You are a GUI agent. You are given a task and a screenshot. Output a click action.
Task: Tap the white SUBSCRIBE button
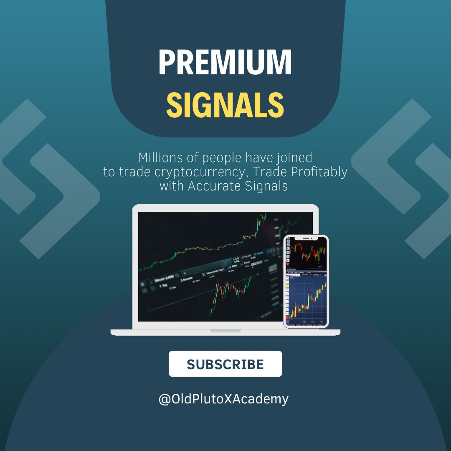click(x=225, y=364)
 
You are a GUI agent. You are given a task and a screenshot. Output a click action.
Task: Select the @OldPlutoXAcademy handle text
click(x=223, y=399)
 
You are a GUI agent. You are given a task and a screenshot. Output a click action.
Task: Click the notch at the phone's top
click(x=306, y=238)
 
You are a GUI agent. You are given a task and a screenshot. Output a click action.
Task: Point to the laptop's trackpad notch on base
click(x=225, y=330)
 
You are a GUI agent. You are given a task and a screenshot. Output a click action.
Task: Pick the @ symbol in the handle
click(x=164, y=399)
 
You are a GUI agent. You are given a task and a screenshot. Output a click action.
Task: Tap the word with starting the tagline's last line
click(x=172, y=186)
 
